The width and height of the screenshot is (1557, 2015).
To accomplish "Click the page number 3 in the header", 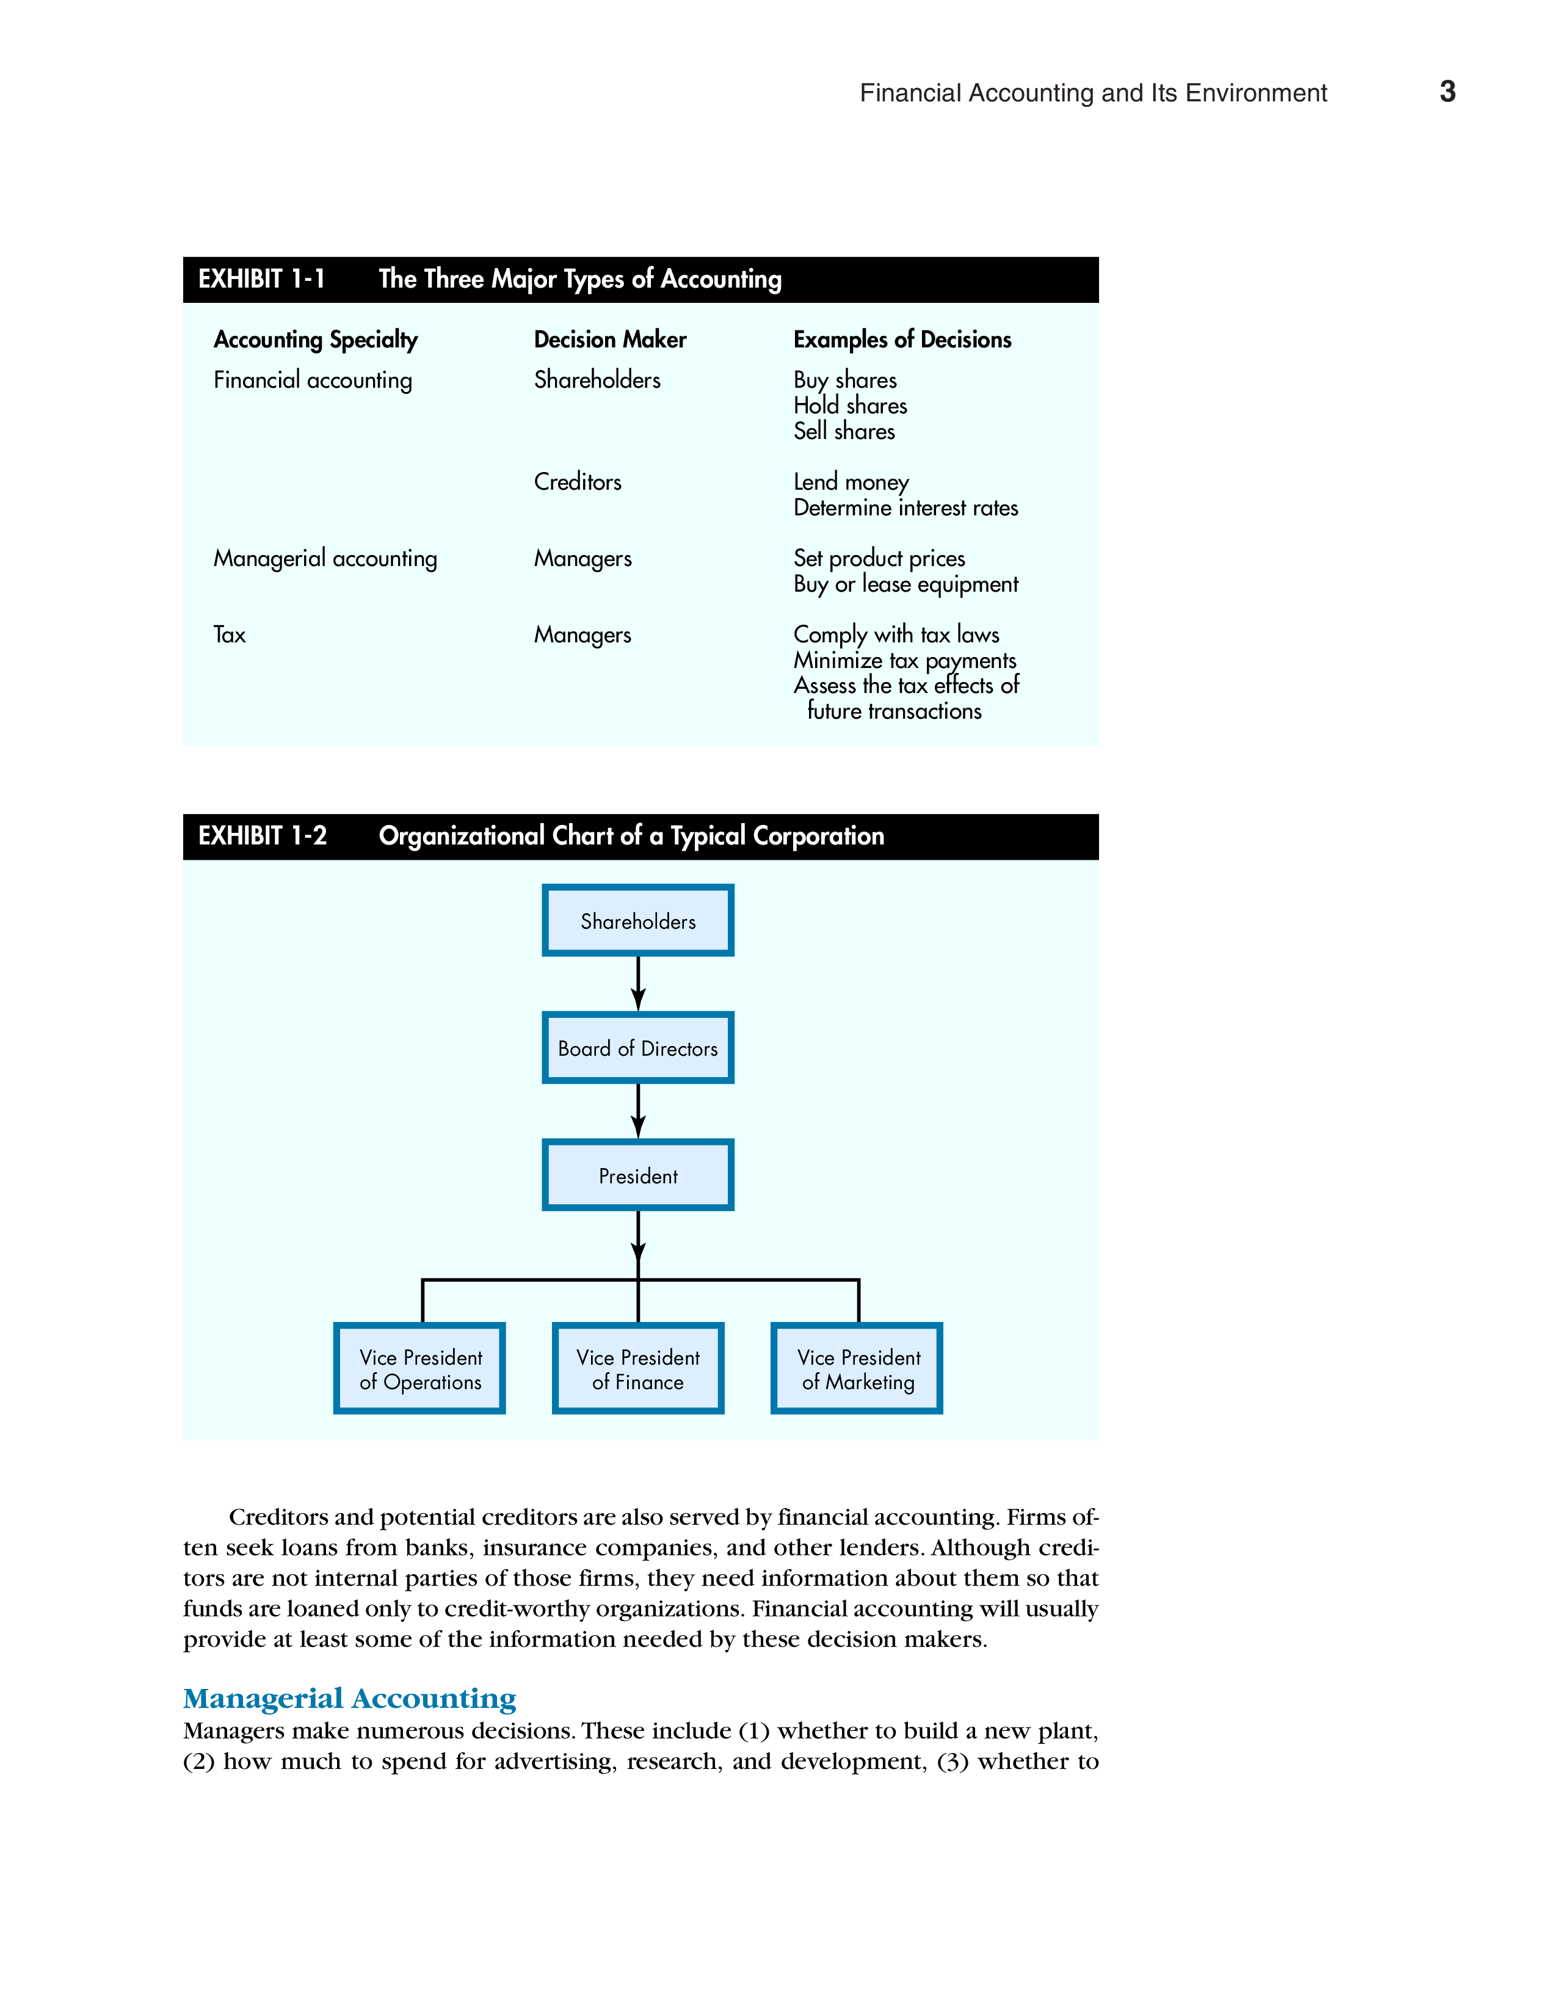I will point(1447,92).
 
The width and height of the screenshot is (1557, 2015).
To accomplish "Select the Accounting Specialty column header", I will point(316,339).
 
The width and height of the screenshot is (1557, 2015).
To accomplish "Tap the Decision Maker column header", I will point(610,339).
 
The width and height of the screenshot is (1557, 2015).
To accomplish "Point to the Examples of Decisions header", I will point(902,339).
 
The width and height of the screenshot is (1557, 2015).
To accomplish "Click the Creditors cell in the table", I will point(578,482).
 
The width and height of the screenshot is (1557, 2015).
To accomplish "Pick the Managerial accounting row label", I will point(325,558).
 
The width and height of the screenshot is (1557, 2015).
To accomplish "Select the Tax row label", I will point(230,635).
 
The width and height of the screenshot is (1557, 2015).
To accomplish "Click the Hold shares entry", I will point(849,406).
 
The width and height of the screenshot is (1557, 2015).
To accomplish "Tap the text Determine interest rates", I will point(906,507).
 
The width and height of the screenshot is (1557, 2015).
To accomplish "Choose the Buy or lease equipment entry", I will point(906,584).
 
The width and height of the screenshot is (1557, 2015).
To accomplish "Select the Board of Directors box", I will point(637,1047).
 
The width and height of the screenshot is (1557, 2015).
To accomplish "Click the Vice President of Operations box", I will point(419,1368).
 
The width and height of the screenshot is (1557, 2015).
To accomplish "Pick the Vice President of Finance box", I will point(637,1368).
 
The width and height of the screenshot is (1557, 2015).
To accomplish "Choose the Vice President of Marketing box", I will point(857,1368).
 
